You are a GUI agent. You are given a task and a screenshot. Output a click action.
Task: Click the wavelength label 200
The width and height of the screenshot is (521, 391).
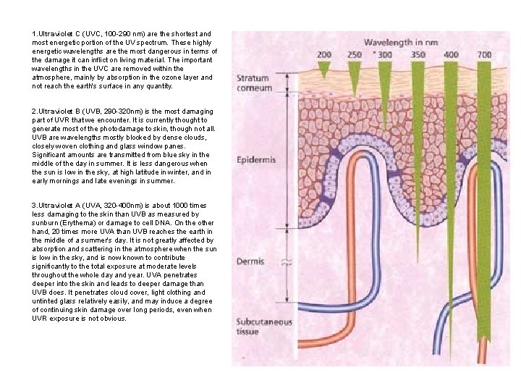[324, 55]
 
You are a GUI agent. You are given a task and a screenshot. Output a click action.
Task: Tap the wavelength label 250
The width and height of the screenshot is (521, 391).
[355, 55]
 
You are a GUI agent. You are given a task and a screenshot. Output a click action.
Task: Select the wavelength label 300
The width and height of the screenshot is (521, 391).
[385, 55]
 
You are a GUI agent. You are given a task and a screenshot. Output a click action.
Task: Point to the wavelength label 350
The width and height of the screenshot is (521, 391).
[418, 55]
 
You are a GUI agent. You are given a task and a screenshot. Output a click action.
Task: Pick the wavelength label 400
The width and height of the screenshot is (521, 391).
[451, 55]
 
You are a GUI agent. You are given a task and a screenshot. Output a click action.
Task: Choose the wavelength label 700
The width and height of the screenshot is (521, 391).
[485, 55]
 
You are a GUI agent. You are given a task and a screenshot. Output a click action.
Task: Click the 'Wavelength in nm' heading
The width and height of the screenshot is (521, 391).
[400, 43]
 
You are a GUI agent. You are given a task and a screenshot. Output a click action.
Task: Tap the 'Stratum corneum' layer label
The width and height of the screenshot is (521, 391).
[253, 83]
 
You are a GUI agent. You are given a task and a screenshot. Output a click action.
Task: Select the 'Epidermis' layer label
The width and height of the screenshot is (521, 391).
[254, 160]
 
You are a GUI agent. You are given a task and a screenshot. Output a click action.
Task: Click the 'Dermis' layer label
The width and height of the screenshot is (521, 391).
[250, 261]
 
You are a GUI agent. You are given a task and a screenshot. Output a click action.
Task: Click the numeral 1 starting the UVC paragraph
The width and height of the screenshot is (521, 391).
[33, 34]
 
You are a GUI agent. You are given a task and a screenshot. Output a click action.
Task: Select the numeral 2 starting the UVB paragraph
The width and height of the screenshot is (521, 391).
[33, 111]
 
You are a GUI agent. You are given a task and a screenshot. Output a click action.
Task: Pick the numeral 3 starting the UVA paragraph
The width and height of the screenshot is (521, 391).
[33, 206]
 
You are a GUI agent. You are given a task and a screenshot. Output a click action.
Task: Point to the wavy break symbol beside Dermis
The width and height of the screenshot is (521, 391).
[286, 262]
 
